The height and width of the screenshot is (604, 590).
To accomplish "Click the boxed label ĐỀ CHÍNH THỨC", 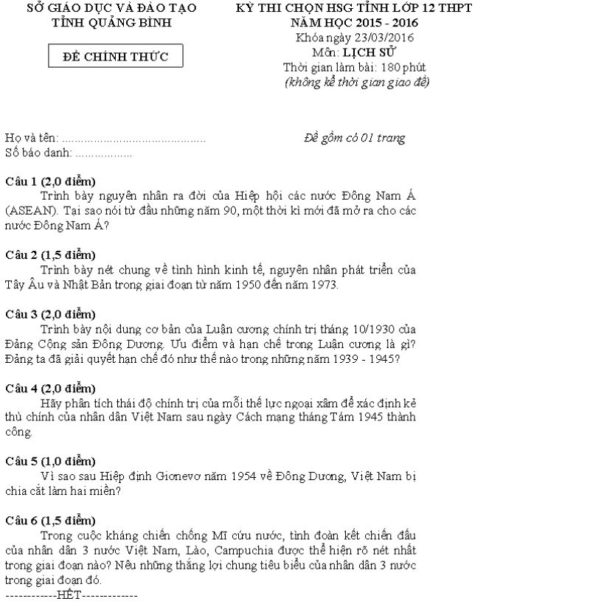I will [x=116, y=57].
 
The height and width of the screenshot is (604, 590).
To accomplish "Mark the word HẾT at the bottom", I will [x=69, y=595].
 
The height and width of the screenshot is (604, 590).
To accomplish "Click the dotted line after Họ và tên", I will [x=133, y=139].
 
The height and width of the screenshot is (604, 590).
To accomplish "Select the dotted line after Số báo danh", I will [x=103, y=153].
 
